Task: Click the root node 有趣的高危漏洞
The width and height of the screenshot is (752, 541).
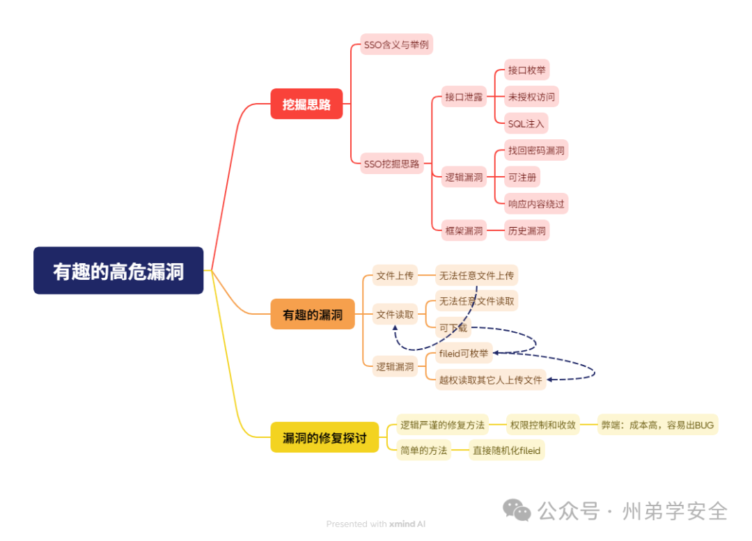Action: (118, 270)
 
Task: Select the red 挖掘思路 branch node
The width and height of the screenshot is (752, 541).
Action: (306, 104)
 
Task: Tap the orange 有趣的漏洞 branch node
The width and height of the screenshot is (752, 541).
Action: (313, 314)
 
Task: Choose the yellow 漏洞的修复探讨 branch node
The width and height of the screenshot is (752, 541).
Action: (324, 437)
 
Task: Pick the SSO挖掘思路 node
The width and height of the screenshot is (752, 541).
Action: (392, 164)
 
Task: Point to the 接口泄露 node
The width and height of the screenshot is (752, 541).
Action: (464, 97)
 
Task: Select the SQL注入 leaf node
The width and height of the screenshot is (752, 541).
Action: (527, 123)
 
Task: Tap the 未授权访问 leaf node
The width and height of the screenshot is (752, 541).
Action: (531, 97)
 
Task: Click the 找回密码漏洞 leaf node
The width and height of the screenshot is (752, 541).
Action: (536, 150)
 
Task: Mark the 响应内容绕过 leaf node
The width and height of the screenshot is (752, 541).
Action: (536, 203)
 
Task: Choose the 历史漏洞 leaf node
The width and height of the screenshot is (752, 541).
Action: (527, 230)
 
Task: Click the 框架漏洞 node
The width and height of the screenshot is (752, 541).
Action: (464, 230)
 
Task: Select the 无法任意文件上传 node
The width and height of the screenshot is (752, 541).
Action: (476, 276)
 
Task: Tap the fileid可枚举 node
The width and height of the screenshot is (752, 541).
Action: (464, 353)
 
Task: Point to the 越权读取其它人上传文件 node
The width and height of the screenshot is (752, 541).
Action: (490, 379)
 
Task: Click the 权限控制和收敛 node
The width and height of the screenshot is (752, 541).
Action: (542, 424)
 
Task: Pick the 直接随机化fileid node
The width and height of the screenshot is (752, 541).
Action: (507, 450)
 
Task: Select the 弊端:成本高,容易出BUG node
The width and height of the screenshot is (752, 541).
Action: (657, 424)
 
